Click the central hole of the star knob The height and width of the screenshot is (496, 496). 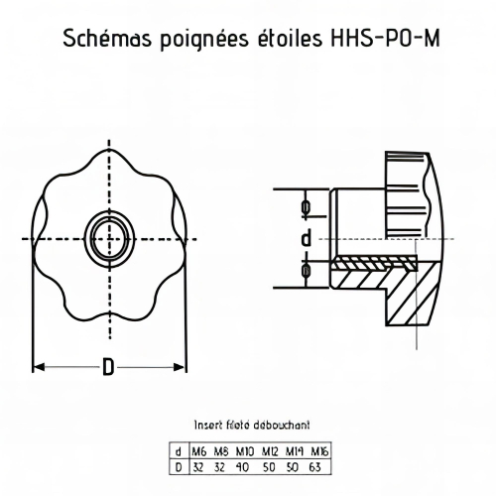click(107, 237)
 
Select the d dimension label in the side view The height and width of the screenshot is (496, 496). click(307, 238)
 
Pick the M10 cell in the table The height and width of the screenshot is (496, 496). click(244, 452)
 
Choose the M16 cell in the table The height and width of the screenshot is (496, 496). click(317, 452)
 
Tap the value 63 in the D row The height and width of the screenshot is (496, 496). click(317, 465)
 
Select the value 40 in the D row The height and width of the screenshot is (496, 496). click(244, 465)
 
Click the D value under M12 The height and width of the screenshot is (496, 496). click(269, 465)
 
